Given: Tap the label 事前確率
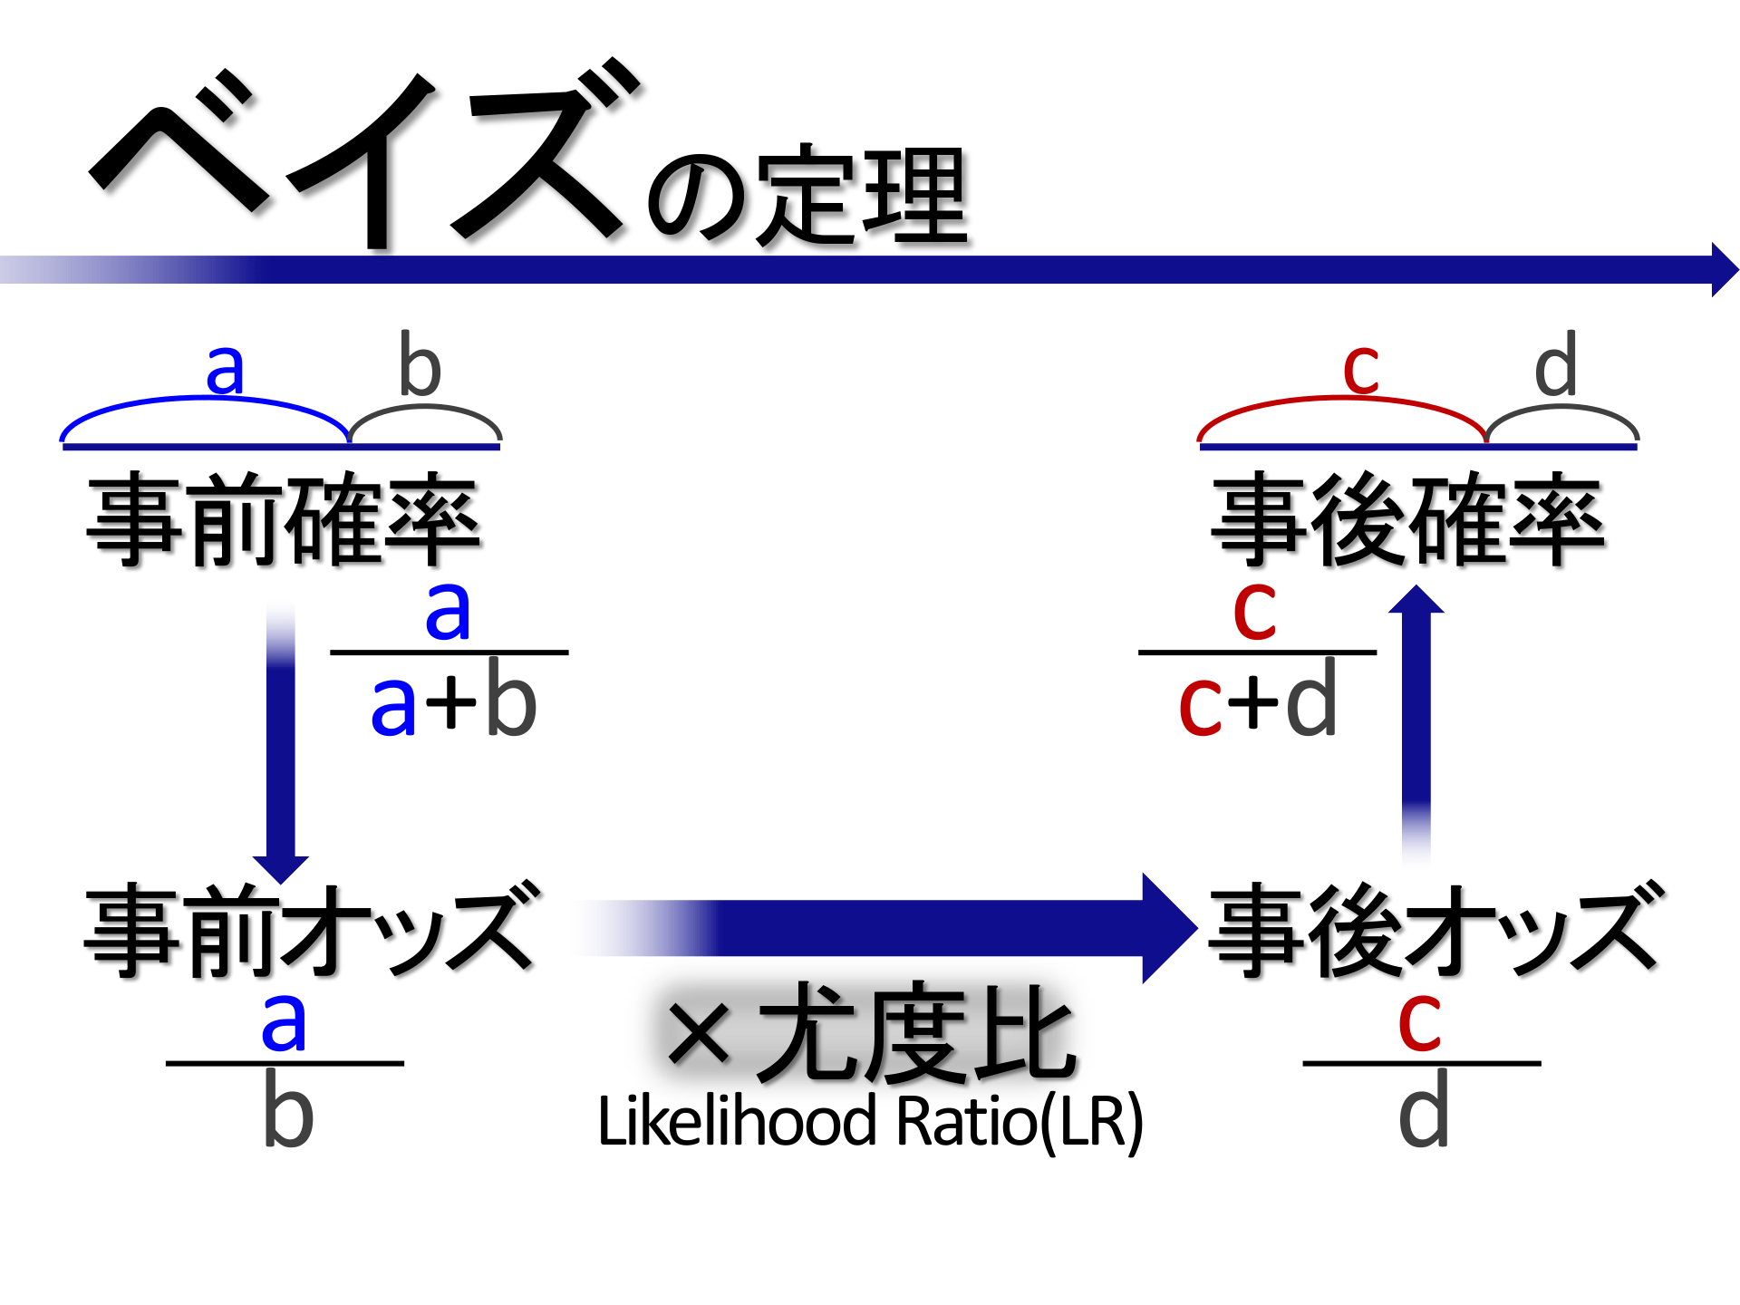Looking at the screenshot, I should pyautogui.click(x=283, y=519).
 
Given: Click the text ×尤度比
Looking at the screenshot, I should pyautogui.click(x=870, y=1033).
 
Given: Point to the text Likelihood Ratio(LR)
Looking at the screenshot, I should pyautogui.click(x=870, y=1122).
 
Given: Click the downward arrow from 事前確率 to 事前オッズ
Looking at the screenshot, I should pyautogui.click(x=281, y=743).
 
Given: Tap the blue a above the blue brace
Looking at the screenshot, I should pyautogui.click(x=225, y=369).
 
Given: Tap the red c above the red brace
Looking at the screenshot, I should pyautogui.click(x=1360, y=369).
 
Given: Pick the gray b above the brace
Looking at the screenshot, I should pyautogui.click(x=420, y=365).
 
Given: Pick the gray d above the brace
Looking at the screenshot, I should pyautogui.click(x=1555, y=365).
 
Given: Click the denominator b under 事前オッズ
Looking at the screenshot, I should pyautogui.click(x=287, y=1111).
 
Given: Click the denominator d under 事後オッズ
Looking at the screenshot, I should pyautogui.click(x=1423, y=1111).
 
